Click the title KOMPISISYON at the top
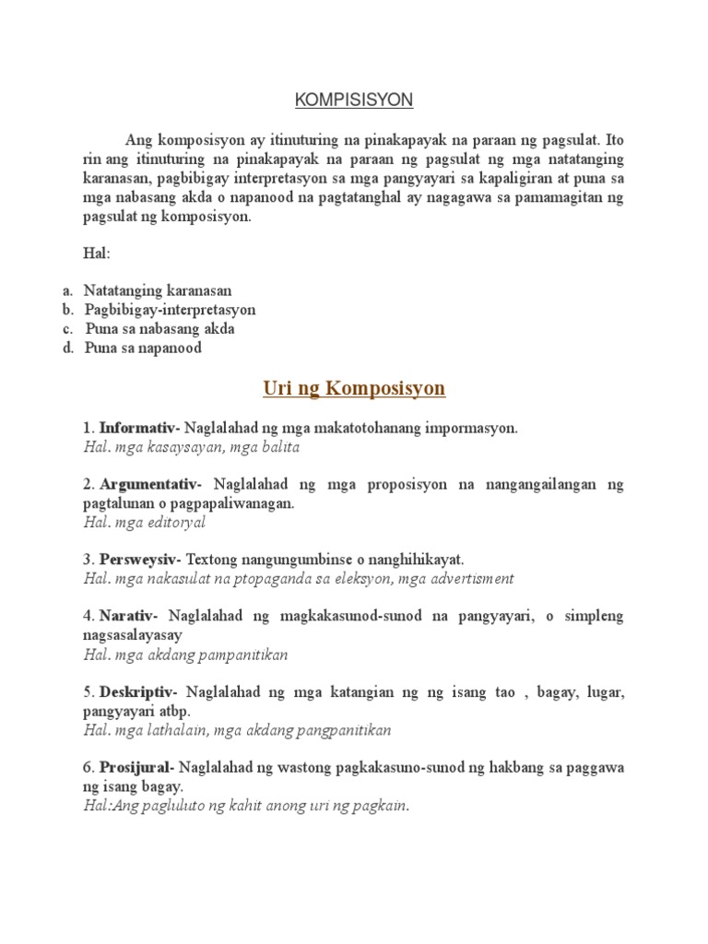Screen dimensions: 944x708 354,99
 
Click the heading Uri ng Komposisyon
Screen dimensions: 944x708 354,388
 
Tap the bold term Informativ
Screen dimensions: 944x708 138,428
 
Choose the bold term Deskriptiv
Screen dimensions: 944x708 139,691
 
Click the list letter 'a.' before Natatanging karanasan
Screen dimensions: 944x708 68,290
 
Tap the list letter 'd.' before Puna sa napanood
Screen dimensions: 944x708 68,348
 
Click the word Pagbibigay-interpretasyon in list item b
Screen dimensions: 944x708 171,310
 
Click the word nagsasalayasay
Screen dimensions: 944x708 132,635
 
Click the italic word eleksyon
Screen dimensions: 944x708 360,579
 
